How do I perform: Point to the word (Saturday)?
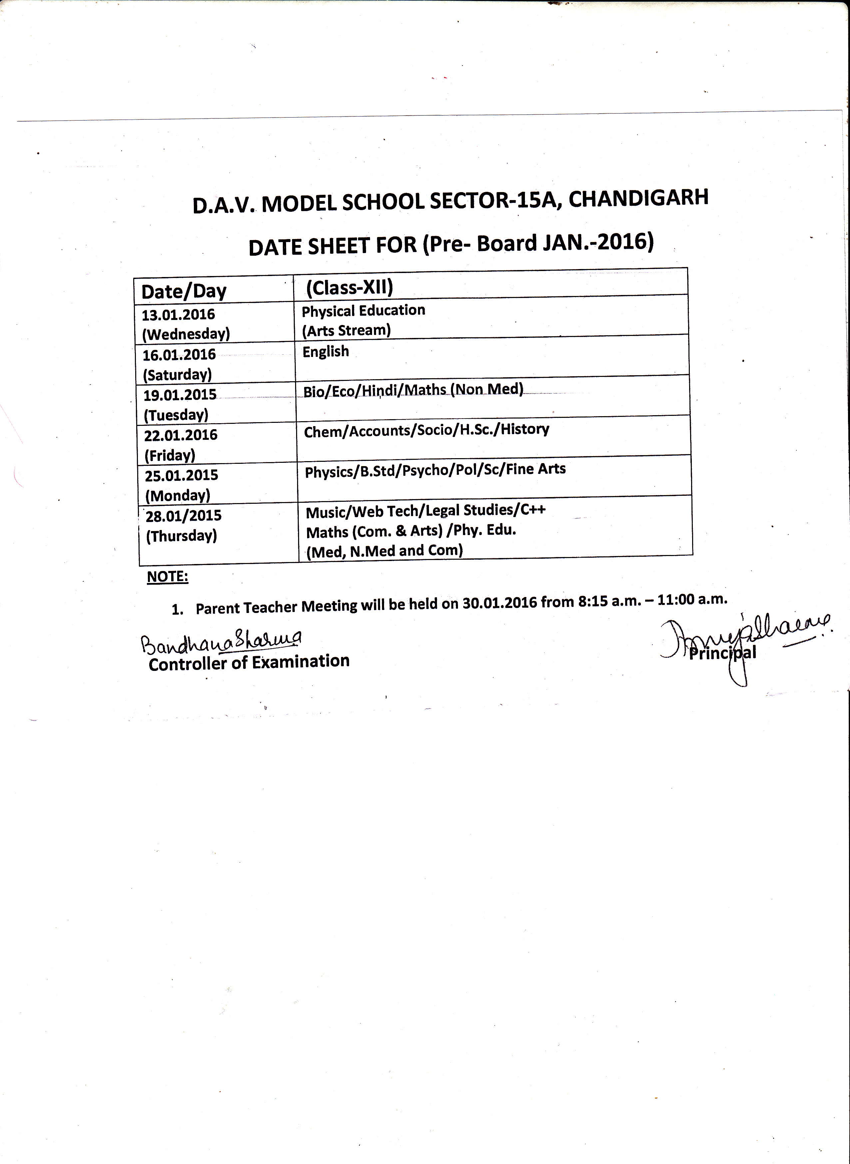(x=177, y=375)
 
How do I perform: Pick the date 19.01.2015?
(x=180, y=395)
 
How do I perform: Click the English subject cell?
(x=326, y=352)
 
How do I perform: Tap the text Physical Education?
(x=363, y=311)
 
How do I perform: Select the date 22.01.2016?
(x=181, y=435)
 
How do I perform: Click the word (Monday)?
(x=178, y=495)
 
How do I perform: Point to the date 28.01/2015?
(x=183, y=515)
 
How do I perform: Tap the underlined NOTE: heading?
(x=168, y=577)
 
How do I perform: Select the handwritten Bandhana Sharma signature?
(x=221, y=641)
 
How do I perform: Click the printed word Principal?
(x=722, y=653)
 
